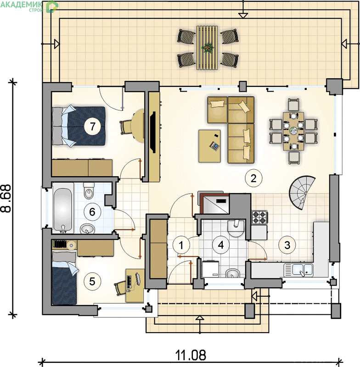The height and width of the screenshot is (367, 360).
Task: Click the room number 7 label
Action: (x=93, y=126)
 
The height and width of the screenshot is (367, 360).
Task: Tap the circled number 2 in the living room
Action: (x=253, y=178)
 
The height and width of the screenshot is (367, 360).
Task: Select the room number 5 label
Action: (x=92, y=281)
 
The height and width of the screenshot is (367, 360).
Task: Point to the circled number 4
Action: (x=221, y=245)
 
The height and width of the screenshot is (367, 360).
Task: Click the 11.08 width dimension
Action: (x=191, y=355)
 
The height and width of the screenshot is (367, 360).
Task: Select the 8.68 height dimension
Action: (x=6, y=199)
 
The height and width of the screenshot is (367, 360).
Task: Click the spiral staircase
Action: (x=302, y=192)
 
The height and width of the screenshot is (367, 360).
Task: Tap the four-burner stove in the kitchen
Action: (x=259, y=217)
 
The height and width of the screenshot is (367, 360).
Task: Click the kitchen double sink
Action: (x=298, y=269)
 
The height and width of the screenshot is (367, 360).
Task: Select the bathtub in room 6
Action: (x=62, y=208)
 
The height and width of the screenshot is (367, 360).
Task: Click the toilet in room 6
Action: (x=89, y=190)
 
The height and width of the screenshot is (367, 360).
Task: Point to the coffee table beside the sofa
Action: (x=209, y=146)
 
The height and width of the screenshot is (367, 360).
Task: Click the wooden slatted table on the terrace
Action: (x=207, y=48)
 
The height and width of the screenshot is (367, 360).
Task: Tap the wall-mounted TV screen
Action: (x=153, y=132)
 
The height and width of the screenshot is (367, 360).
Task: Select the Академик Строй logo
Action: (x=29, y=6)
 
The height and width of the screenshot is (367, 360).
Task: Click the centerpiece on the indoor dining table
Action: (x=293, y=131)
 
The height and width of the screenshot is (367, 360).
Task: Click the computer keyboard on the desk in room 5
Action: (x=129, y=282)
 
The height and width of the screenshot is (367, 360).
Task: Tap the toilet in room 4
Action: (x=236, y=228)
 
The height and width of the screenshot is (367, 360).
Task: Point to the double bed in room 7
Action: (x=78, y=127)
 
